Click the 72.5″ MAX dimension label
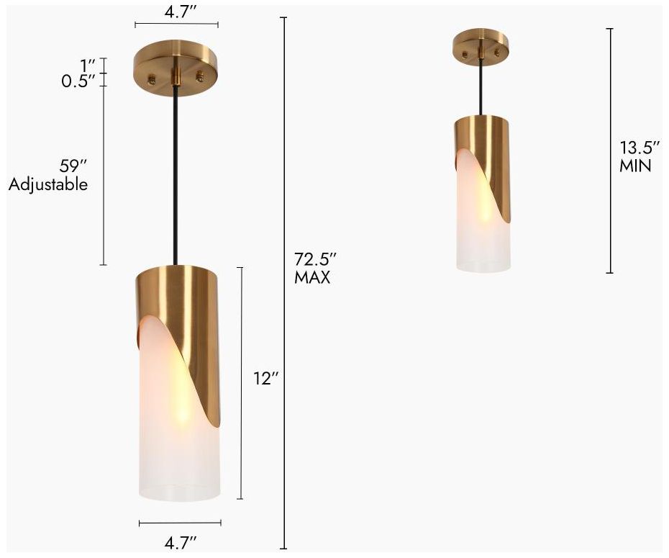[315, 268]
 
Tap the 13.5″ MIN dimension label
[640, 156]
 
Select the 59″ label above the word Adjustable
[73, 166]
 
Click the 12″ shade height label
[265, 379]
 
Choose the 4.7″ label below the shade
[180, 543]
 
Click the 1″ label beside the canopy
[88, 65]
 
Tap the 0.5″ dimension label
[78, 81]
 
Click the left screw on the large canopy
[152, 76]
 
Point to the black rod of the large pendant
[176, 173]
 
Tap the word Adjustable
[48, 184]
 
